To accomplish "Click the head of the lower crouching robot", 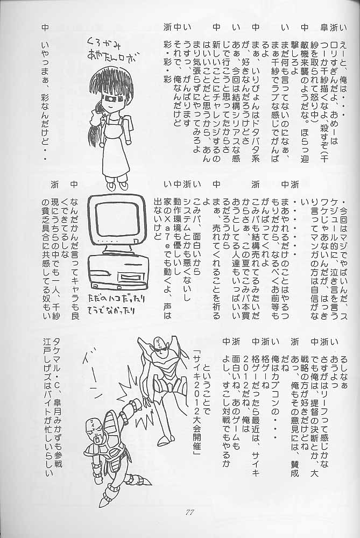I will (x=95, y=430).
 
